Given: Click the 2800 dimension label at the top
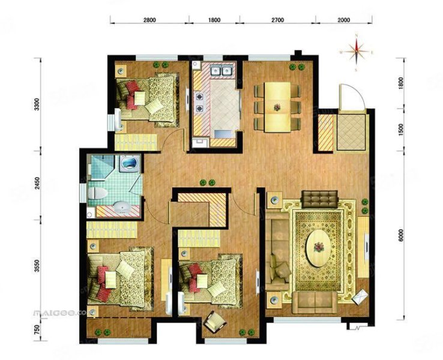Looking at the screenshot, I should coord(149,20).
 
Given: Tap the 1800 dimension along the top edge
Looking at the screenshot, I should coord(214,20).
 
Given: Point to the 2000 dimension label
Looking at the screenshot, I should coord(343,20).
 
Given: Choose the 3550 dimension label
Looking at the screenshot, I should coord(37,266).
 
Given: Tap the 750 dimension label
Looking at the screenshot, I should coord(37,329).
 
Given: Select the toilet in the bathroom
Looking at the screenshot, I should coord(98,193).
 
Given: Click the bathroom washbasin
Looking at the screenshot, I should coord(123,209).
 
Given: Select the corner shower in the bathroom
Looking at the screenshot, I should coord(129,164).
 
